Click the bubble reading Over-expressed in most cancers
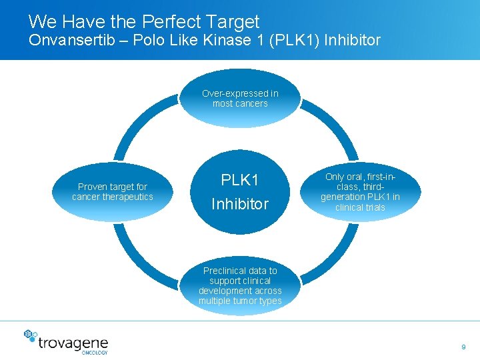pos(240,99)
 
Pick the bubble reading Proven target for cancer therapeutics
pos(113,192)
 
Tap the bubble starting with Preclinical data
pos(240,286)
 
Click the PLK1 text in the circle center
pos(240,181)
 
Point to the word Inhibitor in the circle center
pos(240,204)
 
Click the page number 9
pos(463,347)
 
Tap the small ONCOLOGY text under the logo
pos(95,352)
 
